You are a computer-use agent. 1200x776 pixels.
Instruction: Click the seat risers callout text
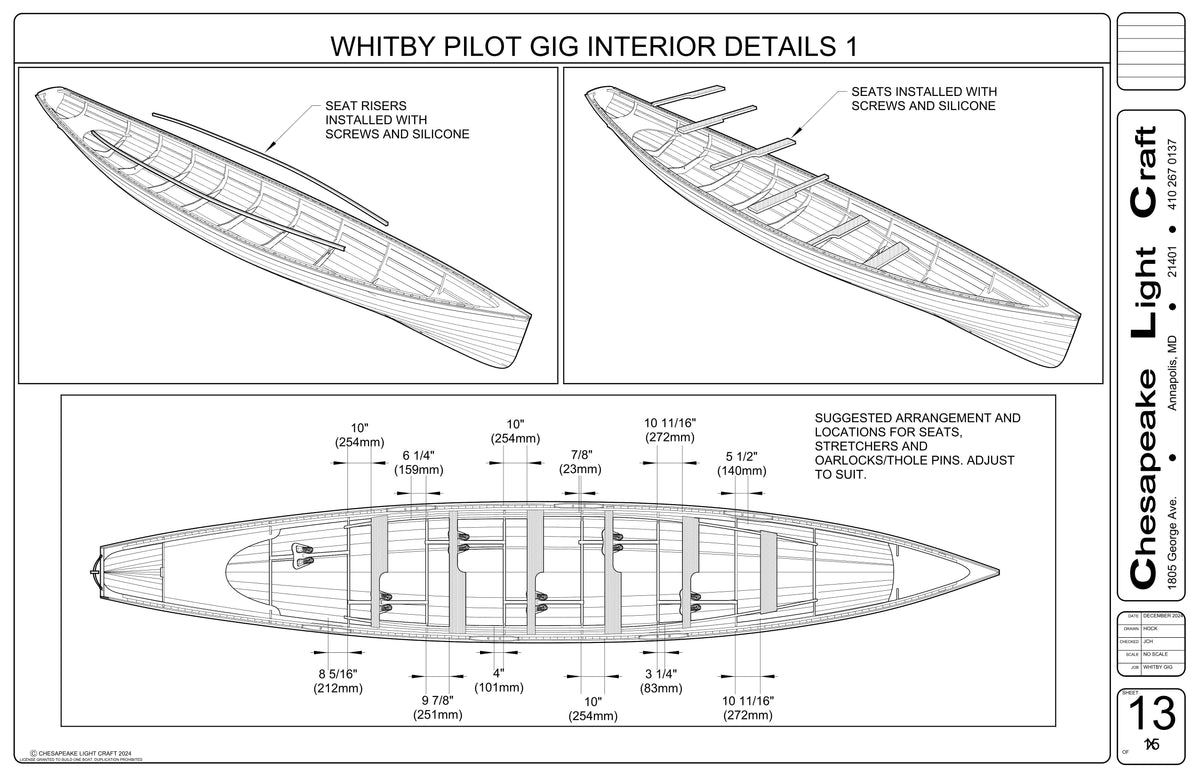click(x=397, y=119)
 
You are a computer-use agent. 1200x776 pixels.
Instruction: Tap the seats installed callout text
click(x=923, y=98)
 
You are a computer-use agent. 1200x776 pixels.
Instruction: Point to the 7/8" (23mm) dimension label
click(x=580, y=462)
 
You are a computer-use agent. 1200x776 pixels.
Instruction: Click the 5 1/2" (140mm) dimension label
click(x=741, y=463)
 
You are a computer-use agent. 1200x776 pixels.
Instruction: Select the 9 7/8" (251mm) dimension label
click(x=437, y=706)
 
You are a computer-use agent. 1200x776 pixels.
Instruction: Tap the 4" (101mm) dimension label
click(x=498, y=680)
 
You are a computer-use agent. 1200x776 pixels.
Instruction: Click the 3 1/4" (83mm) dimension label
click(x=661, y=680)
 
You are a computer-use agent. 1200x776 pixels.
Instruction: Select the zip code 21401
click(x=1174, y=270)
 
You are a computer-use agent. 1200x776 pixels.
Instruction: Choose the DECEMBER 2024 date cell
click(x=1163, y=615)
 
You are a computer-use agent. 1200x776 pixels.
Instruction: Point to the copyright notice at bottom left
click(x=88, y=755)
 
